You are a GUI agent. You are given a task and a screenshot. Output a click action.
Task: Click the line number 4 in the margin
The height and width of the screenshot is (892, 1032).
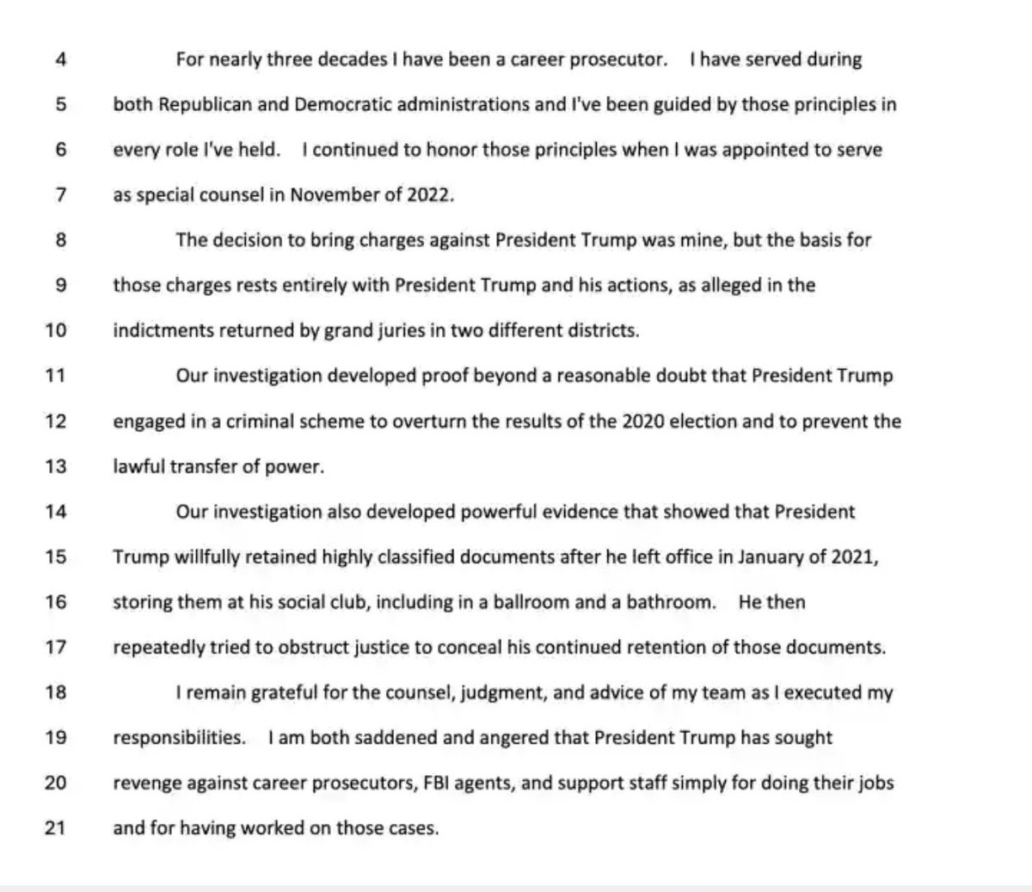tap(61, 60)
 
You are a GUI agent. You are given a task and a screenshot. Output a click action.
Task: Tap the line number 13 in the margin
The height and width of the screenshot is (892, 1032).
tap(55, 466)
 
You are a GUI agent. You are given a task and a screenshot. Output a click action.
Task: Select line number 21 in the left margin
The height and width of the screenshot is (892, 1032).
tap(55, 828)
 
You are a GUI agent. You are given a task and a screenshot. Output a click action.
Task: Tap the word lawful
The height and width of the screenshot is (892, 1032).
tap(136, 466)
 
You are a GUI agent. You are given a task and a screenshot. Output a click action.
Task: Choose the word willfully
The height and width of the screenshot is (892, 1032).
tap(187, 557)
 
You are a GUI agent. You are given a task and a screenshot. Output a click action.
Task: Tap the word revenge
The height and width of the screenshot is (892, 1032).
tap(144, 783)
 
